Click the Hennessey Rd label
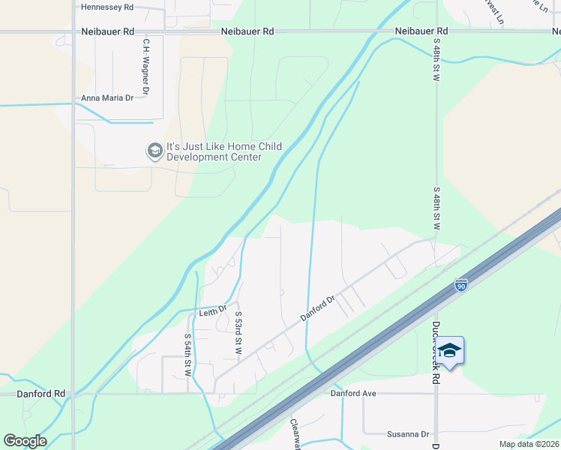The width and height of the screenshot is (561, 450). (x=106, y=7)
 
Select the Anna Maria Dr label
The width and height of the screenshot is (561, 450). (x=107, y=98)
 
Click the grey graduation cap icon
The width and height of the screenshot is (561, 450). (x=155, y=151)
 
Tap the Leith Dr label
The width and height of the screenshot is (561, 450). (x=213, y=310)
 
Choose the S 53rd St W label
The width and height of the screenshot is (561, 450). (x=238, y=332)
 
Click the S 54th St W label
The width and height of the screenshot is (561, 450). (x=187, y=355)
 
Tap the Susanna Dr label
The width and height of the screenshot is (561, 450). (x=408, y=434)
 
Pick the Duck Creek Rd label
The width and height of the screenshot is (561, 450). (x=436, y=352)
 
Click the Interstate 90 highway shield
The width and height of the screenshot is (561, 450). (x=460, y=286)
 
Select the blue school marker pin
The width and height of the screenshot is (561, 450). (x=450, y=351)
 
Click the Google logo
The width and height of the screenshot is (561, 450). (x=25, y=441)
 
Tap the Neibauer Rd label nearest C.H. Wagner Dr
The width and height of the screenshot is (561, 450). (x=107, y=31)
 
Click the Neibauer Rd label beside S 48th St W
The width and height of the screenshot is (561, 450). (x=421, y=31)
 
